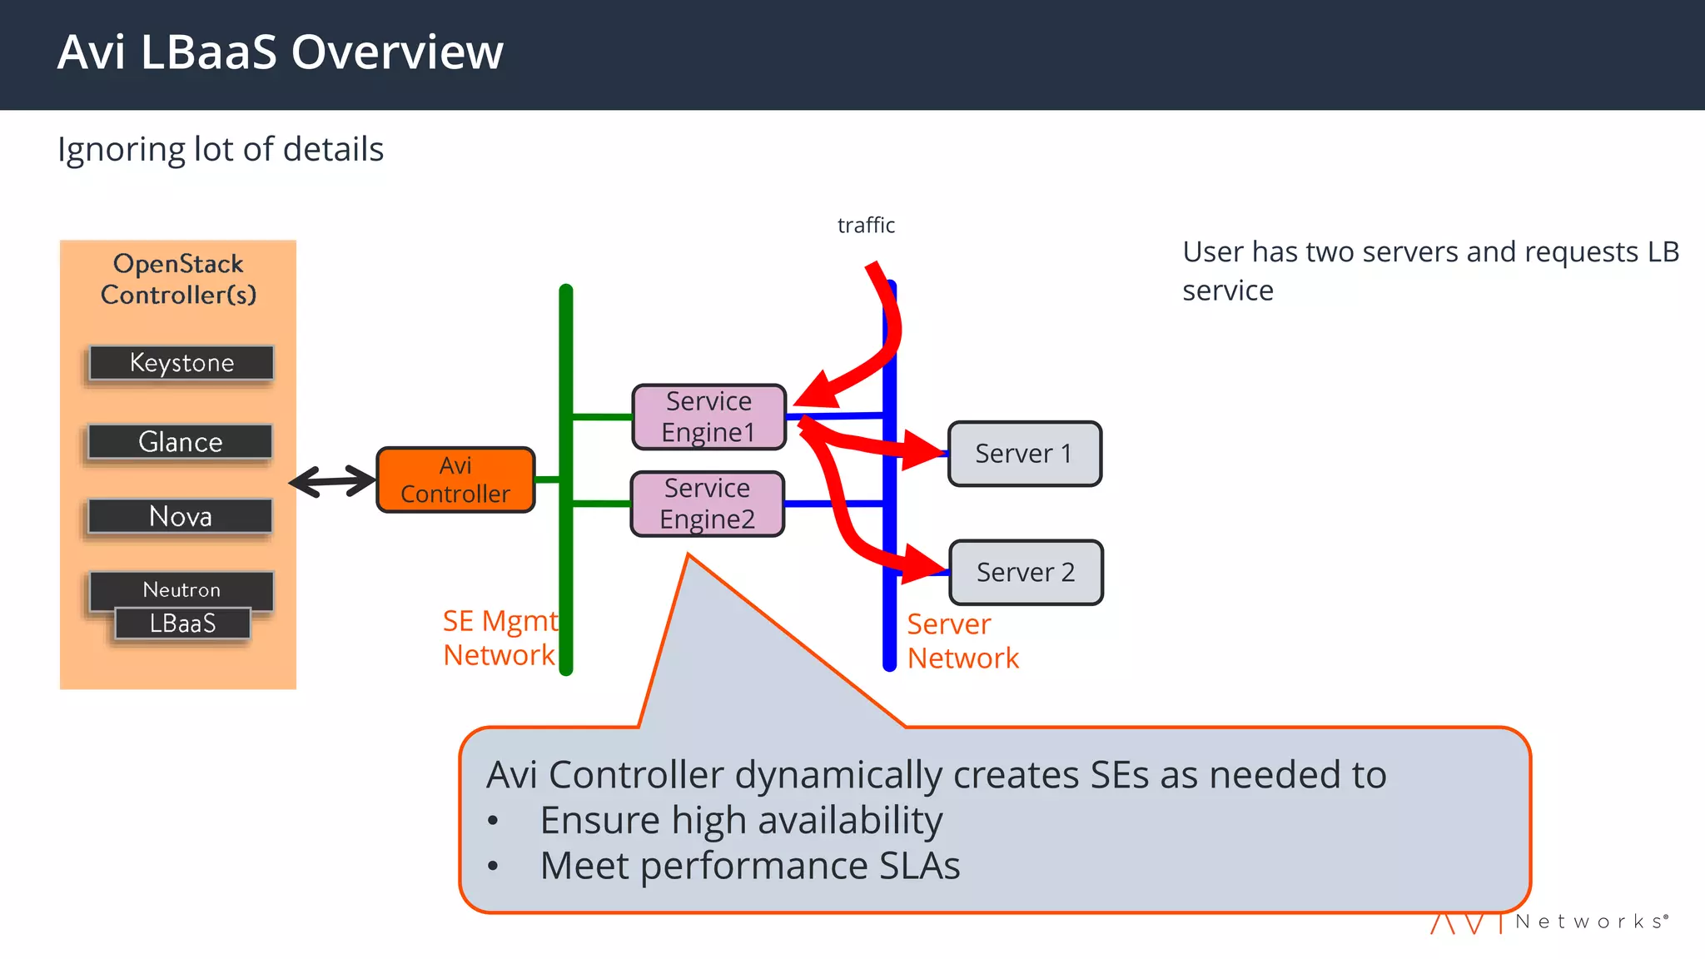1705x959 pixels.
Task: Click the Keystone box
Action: point(181,363)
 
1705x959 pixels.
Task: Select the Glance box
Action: point(180,442)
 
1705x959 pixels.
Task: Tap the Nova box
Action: point(180,516)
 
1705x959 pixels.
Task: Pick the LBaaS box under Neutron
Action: point(182,624)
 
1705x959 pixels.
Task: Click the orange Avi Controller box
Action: point(455,480)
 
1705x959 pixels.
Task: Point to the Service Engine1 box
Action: point(708,417)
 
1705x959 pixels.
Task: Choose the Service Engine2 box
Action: point(707,504)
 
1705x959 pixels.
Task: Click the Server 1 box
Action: point(1024,454)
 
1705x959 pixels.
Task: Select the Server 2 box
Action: point(1026,573)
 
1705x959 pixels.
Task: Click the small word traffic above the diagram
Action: point(866,226)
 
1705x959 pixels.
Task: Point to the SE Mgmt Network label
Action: point(500,639)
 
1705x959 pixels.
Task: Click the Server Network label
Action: point(962,641)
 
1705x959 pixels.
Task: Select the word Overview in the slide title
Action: point(397,52)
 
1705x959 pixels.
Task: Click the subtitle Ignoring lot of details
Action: point(221,150)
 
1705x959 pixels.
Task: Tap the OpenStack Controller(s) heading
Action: point(178,279)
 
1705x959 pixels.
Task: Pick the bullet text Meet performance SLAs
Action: point(749,866)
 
